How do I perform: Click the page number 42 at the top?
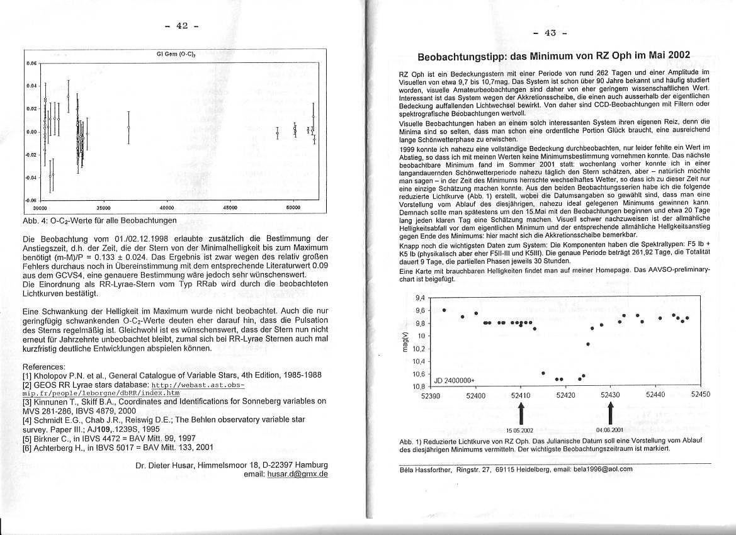pos(182,26)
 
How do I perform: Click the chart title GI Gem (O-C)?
pos(169,55)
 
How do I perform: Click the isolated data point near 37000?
pos(128,128)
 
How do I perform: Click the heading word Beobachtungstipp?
pos(468,57)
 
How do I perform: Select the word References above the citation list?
pos(44,366)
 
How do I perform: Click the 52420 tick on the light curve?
pos(566,395)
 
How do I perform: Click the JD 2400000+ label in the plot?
pos(453,380)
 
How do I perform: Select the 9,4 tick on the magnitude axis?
pos(421,298)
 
